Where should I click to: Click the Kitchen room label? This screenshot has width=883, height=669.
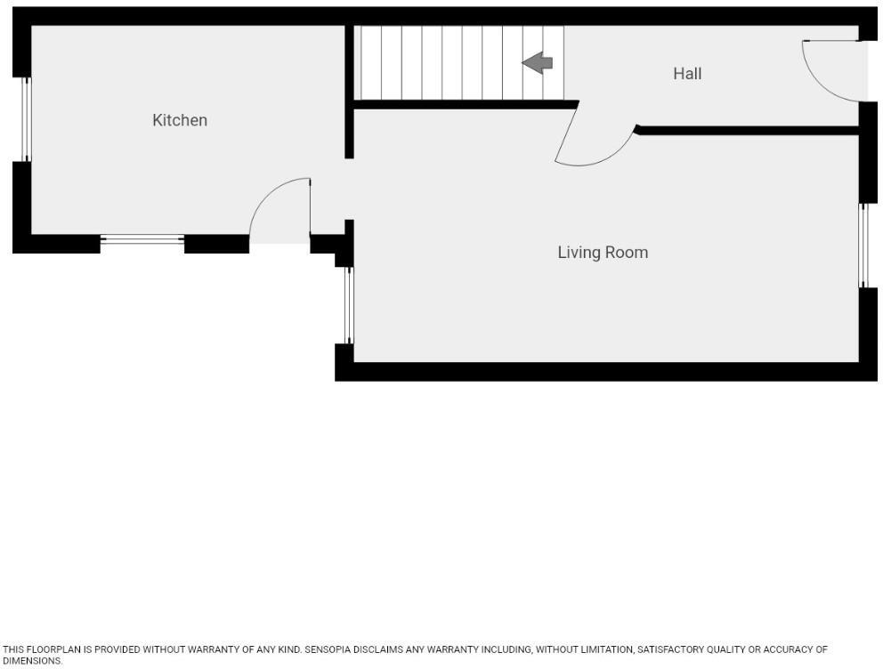point(180,120)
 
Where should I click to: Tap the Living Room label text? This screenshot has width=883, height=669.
point(603,253)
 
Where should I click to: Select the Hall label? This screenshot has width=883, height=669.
point(687,74)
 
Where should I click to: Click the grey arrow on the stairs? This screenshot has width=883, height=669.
point(538,62)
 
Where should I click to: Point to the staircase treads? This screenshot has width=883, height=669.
point(445,62)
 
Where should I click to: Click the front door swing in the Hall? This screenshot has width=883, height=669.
point(828,71)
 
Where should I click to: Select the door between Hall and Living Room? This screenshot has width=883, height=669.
point(592,142)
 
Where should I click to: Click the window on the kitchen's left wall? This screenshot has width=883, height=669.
point(26,119)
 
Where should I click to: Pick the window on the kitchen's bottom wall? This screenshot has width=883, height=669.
point(142,238)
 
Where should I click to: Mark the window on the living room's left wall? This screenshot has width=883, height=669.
point(349,305)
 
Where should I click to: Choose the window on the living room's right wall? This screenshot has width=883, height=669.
point(863,246)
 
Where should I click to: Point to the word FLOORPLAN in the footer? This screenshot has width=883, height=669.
point(53,650)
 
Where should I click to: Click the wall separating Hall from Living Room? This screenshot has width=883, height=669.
point(748,131)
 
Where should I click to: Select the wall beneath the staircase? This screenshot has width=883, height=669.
point(463,105)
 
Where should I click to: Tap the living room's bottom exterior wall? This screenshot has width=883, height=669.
point(605,372)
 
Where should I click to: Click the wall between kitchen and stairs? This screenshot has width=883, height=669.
point(349,89)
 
